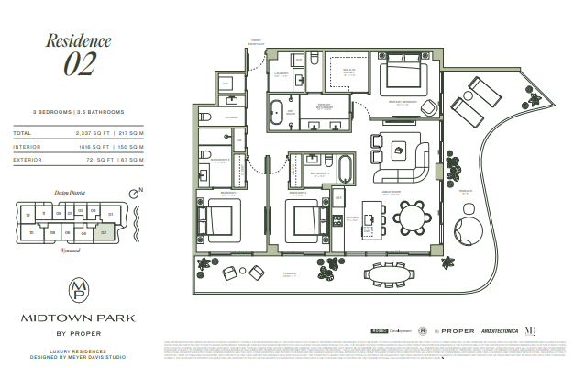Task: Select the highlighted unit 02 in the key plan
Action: [x=105, y=233]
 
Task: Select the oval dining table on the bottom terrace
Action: [x=387, y=273]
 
